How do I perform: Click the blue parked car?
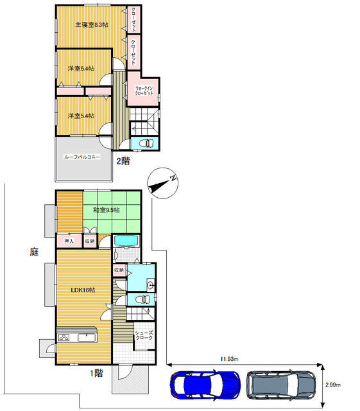[x=205, y=385]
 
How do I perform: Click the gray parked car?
[x=281, y=385]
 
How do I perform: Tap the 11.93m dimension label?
[x=229, y=359]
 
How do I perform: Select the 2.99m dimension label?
[x=333, y=385]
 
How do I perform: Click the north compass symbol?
[x=163, y=183]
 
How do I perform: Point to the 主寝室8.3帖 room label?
[x=91, y=25]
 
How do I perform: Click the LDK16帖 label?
[x=83, y=290]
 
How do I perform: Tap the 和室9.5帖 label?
[x=107, y=210]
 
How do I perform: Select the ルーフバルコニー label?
[x=82, y=157]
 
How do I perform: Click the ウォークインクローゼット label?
[x=144, y=91]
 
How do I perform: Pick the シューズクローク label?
[x=144, y=335]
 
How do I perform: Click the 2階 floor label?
[x=123, y=161]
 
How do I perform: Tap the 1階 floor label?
[x=96, y=373]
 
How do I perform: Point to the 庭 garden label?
[x=34, y=252]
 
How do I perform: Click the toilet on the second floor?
[x=146, y=143]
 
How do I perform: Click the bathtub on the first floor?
[x=126, y=241]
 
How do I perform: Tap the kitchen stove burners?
[x=64, y=337]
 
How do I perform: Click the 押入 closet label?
[x=69, y=241]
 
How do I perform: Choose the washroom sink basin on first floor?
[x=150, y=285]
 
